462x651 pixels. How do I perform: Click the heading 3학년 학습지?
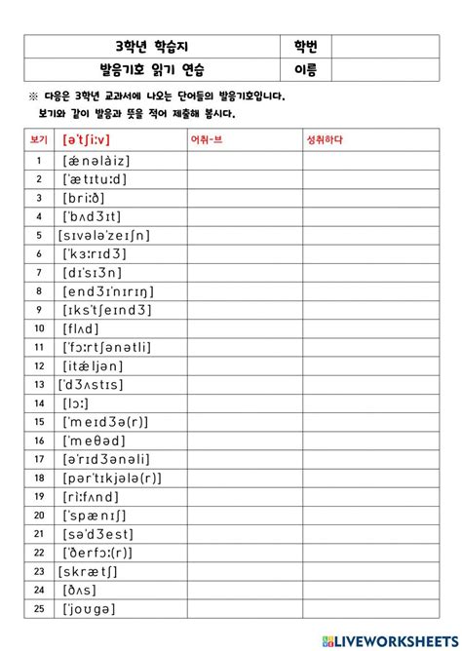coord(154,47)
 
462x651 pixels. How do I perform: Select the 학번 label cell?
coord(305,47)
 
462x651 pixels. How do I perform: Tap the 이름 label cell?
coord(305,69)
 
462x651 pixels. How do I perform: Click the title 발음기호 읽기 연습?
coord(154,69)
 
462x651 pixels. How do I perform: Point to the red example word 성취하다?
coord(327,140)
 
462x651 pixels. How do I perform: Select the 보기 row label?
coord(38,140)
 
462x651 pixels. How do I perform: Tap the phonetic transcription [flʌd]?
coord(81,327)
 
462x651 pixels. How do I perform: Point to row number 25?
coord(38,608)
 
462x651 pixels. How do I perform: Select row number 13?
coord(38,384)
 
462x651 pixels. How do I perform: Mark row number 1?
coord(38,160)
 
